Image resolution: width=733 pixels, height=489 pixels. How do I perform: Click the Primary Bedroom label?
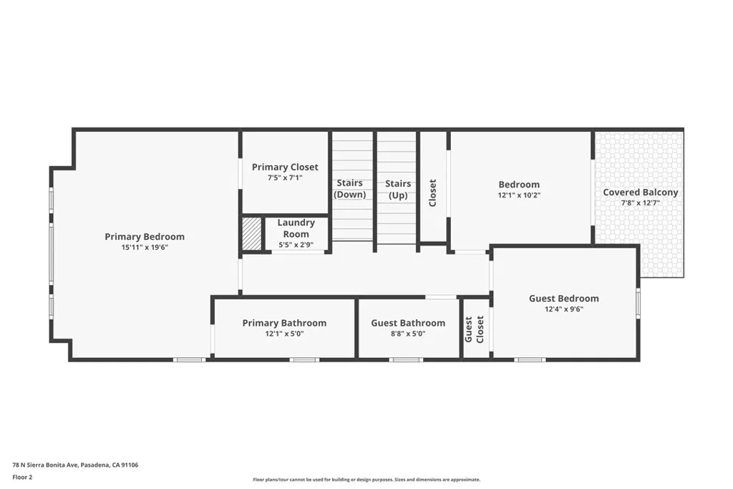pos(145,237)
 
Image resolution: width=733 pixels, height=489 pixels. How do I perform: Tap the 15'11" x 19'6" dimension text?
pos(145,248)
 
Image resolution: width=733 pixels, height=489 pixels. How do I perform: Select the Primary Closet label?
pos(285,167)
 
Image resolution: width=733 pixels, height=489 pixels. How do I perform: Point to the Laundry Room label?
pos(296,228)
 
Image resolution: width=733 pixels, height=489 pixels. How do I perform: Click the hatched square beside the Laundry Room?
pos(252,233)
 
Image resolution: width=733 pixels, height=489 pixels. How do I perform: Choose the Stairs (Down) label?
pos(350,189)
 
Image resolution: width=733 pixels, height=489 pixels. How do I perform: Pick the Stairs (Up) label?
pos(398,189)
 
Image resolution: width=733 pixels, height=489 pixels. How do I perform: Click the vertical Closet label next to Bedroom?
pos(432,193)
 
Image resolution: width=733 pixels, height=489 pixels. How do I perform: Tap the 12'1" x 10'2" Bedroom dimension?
pos(519,195)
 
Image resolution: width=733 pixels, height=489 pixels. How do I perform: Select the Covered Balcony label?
pos(640,193)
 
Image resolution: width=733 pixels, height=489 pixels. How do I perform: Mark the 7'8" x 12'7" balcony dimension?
pos(640,203)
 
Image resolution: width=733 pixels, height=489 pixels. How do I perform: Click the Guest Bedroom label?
pos(563,299)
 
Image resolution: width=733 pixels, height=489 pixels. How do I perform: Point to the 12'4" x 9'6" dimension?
pos(563,309)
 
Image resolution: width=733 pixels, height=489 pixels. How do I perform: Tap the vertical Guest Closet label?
pos(475,329)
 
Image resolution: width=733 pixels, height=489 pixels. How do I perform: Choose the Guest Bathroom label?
pos(408,323)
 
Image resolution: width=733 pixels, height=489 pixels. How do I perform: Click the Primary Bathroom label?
pos(284,323)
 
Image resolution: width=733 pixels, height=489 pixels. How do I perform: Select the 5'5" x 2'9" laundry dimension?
pos(296,245)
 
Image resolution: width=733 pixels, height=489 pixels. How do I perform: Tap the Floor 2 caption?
pos(22,477)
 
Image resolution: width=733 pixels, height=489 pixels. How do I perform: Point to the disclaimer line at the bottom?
pos(366,480)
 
